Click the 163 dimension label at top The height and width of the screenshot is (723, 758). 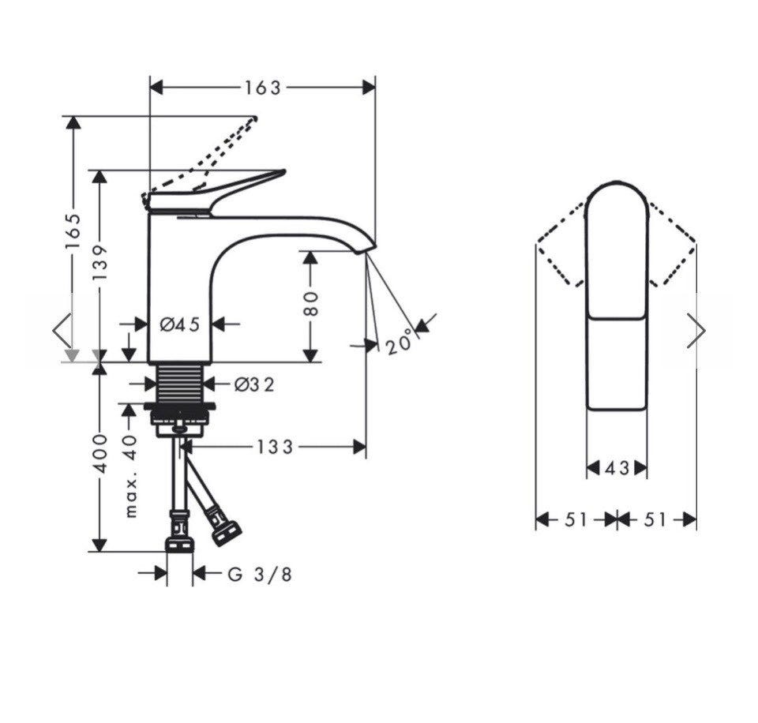pyautogui.click(x=262, y=88)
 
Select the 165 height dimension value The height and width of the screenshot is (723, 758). pyautogui.click(x=73, y=231)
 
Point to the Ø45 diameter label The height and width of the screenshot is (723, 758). pyautogui.click(x=180, y=324)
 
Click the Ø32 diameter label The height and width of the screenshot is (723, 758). pyautogui.click(x=254, y=384)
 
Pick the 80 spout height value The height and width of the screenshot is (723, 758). pyautogui.click(x=311, y=304)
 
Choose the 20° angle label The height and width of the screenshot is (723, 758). pyautogui.click(x=400, y=342)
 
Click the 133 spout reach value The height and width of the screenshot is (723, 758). pyautogui.click(x=275, y=447)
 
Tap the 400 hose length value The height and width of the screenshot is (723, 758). pyautogui.click(x=100, y=453)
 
